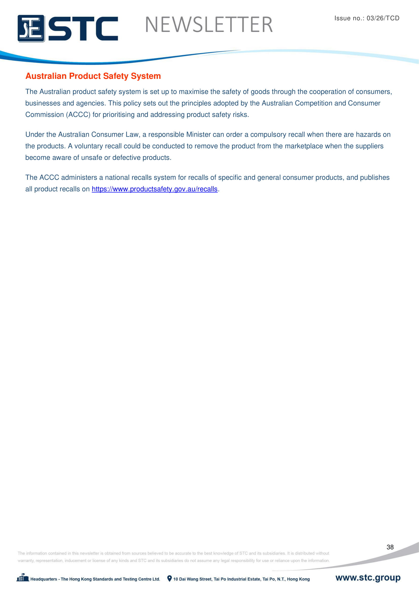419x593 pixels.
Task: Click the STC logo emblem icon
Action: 31,28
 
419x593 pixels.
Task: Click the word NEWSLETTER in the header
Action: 209,25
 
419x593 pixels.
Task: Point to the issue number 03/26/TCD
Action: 383,18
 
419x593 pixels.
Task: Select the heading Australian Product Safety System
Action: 93,76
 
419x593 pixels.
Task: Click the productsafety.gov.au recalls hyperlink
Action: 155,189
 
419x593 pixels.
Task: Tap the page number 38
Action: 390,547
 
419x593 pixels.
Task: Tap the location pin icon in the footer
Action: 169,579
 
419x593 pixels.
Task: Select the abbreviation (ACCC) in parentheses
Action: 78,115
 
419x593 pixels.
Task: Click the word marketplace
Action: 304,146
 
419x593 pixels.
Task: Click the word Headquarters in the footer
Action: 44,579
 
